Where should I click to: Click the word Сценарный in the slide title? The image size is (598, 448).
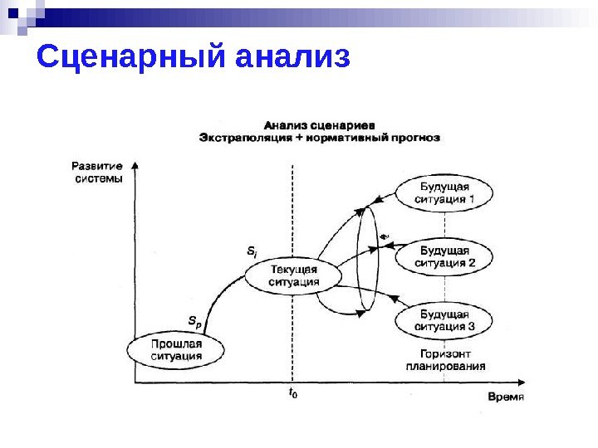(x=130, y=58)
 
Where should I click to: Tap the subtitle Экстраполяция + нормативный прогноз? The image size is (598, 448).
(x=320, y=137)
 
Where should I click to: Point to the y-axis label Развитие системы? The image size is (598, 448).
(x=97, y=172)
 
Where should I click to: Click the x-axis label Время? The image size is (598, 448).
(x=506, y=397)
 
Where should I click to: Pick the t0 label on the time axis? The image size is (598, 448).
(x=293, y=393)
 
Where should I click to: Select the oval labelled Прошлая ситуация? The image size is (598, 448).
(x=176, y=349)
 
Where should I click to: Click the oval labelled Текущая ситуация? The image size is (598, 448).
(x=293, y=275)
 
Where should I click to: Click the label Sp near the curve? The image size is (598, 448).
(x=194, y=320)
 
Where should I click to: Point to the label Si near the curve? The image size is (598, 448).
(x=252, y=250)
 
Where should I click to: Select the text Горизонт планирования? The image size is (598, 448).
(x=446, y=358)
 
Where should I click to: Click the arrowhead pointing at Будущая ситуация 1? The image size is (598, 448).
(x=376, y=198)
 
